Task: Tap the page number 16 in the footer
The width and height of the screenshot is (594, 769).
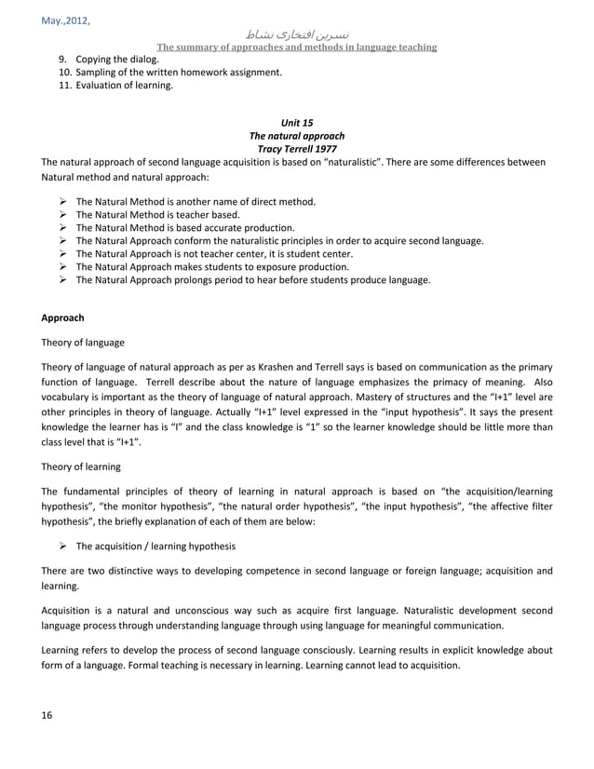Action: [x=47, y=714]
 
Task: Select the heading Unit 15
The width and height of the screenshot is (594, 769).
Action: [x=297, y=122]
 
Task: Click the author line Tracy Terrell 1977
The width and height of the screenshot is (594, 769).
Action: [x=297, y=148]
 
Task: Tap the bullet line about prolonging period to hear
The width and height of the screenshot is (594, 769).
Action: [x=251, y=279]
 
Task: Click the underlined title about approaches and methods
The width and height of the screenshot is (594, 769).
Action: [x=297, y=47]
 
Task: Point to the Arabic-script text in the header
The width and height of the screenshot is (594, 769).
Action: [x=297, y=33]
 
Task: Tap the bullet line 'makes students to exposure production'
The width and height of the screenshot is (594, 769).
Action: [x=212, y=266]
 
